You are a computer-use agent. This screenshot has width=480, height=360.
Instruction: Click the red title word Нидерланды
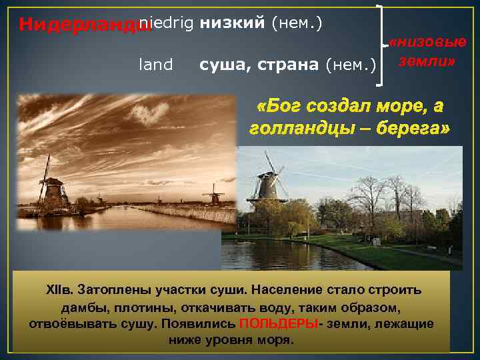79,25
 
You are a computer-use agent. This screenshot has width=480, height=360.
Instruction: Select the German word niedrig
166,23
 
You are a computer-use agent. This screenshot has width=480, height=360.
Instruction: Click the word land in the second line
155,65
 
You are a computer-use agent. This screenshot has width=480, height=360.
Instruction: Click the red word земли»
427,61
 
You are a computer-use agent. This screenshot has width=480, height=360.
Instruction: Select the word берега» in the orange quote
415,127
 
